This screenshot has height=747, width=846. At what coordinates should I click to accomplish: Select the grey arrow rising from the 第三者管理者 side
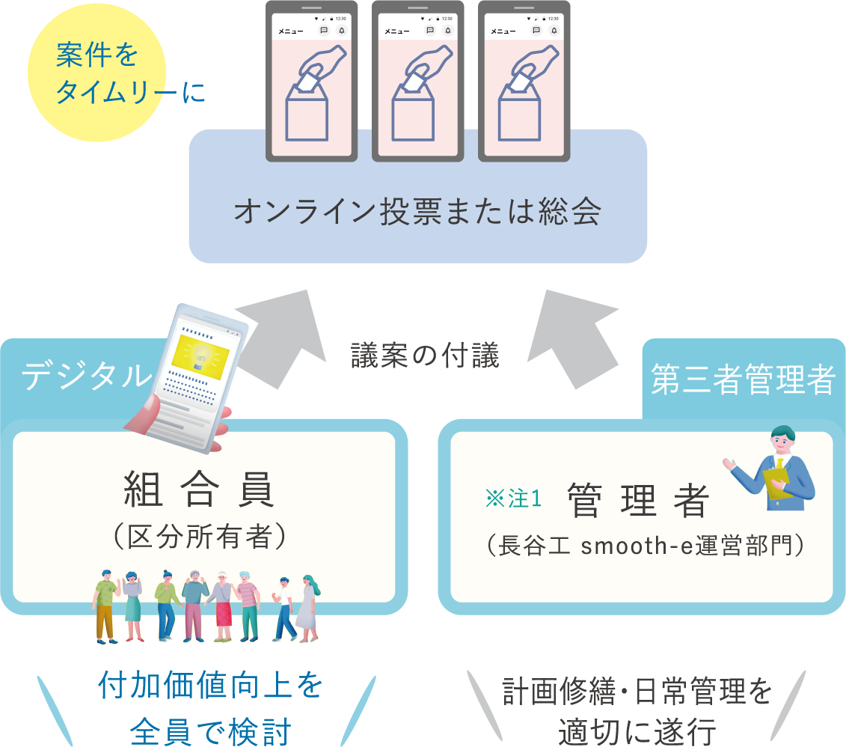[x=575, y=337]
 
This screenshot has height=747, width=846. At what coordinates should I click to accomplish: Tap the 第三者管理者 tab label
[x=742, y=380]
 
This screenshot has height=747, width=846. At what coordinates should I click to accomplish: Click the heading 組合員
[x=200, y=490]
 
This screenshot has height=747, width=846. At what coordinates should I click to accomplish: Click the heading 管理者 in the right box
[x=637, y=500]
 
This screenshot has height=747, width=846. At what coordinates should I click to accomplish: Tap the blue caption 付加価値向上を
[x=211, y=686]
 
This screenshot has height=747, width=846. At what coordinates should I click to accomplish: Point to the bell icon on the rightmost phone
[x=554, y=31]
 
